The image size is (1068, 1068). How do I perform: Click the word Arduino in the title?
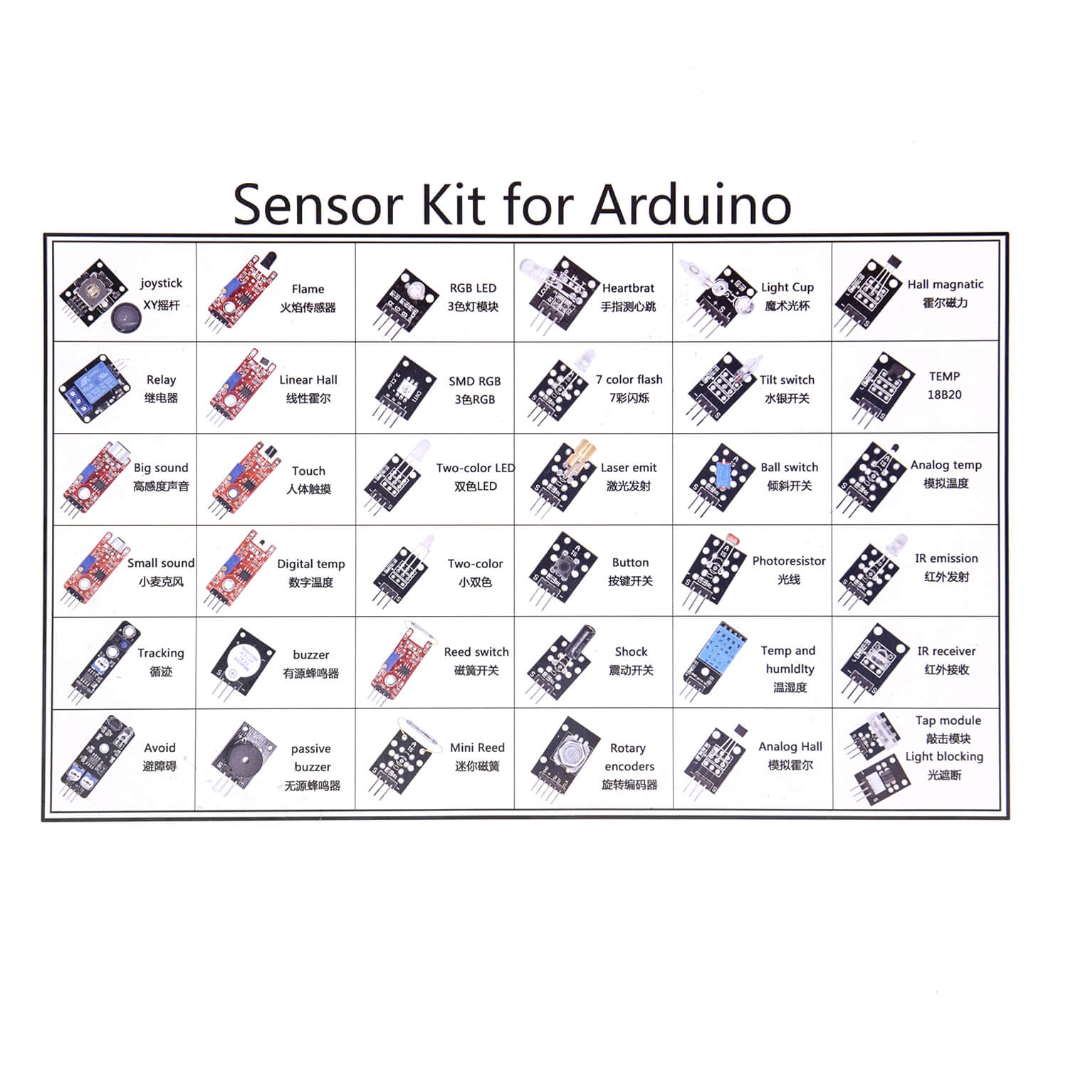pos(691,204)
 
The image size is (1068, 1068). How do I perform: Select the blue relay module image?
pos(95,387)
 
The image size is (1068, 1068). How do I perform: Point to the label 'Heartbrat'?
pos(628,288)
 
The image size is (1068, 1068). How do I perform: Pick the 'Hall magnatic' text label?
pos(946,284)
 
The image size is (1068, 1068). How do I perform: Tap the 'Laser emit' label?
pos(629,468)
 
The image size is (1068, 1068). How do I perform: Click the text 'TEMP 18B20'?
pos(944,385)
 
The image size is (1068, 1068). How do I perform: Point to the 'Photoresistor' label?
pos(789,561)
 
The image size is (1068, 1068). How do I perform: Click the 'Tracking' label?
pos(161,654)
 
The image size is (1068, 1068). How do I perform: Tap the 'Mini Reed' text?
pos(477,748)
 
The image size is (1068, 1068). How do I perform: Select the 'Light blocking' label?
pos(944,757)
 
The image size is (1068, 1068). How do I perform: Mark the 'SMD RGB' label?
pos(475,381)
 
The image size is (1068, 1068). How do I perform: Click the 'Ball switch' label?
pos(790,468)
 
